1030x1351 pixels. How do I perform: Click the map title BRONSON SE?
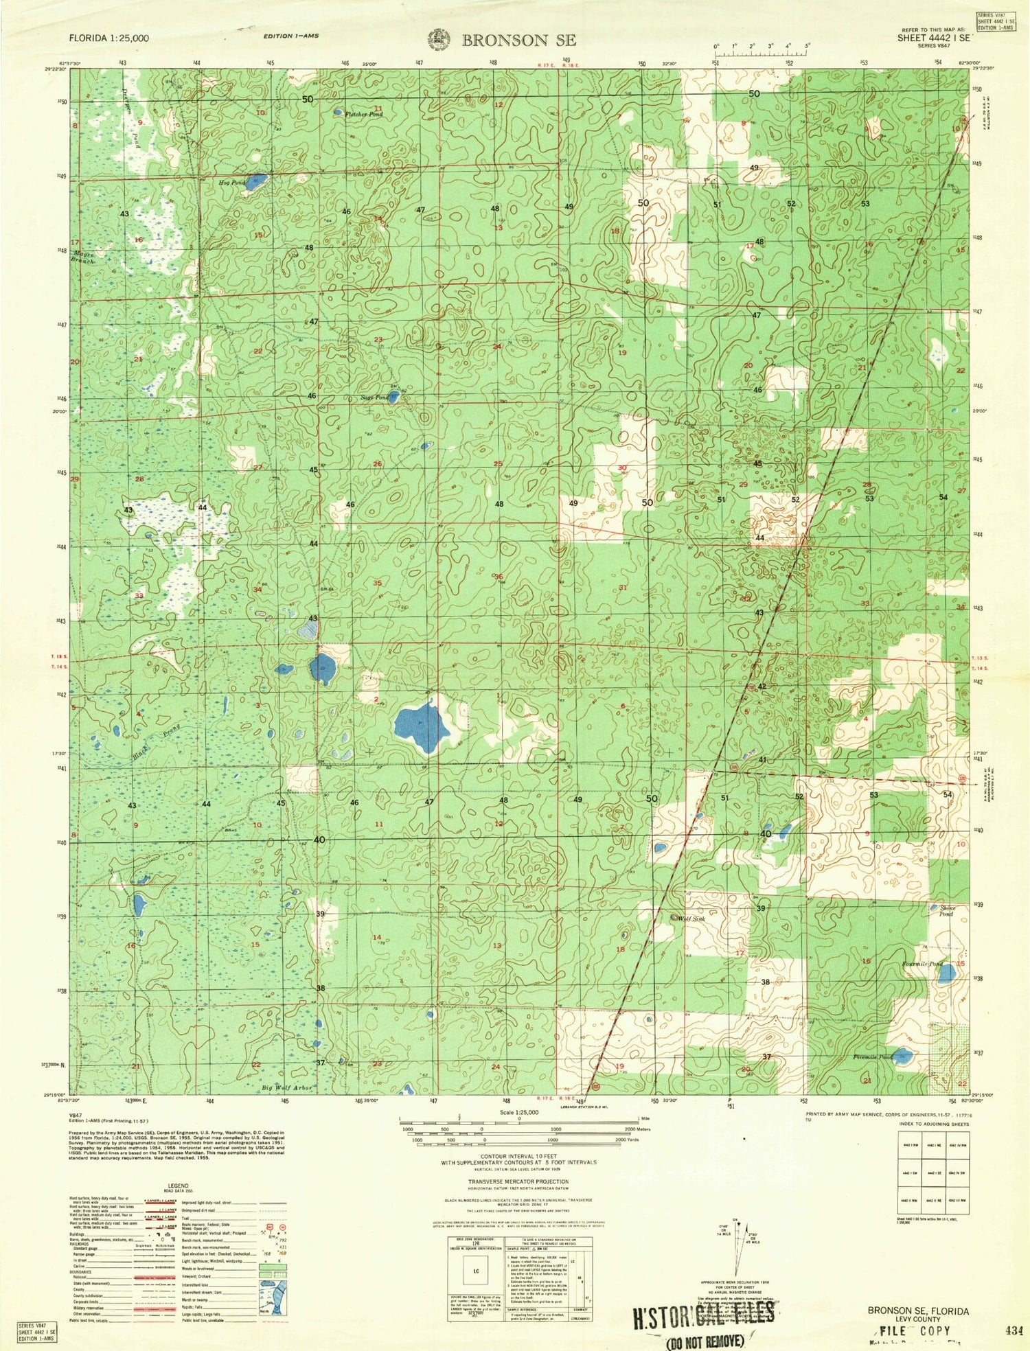[x=518, y=40]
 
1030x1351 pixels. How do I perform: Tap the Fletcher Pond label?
[x=364, y=115]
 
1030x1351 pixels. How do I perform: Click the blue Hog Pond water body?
[x=256, y=183]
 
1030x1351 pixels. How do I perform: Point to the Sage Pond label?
[x=374, y=397]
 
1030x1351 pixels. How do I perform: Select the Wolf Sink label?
[x=691, y=919]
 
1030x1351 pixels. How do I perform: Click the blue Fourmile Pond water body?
[x=947, y=973]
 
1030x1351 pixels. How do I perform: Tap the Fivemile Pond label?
[x=872, y=1057]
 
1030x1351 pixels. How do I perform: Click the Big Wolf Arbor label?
[x=287, y=1088]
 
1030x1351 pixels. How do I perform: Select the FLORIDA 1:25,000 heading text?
[x=108, y=38]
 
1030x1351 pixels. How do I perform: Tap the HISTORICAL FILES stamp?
[x=703, y=1315]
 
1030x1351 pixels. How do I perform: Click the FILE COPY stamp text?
[x=915, y=1330]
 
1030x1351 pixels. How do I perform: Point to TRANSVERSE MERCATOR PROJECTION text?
[x=519, y=1181]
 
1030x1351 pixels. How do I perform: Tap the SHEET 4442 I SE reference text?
[x=933, y=39]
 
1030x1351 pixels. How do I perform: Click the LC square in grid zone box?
[x=475, y=1271]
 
